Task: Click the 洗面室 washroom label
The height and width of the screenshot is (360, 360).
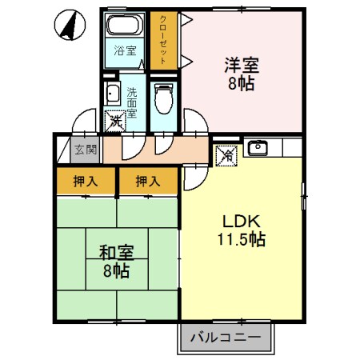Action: [x=131, y=102]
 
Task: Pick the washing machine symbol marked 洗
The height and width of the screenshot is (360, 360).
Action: [x=117, y=122]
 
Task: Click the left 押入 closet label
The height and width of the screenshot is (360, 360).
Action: [x=86, y=181]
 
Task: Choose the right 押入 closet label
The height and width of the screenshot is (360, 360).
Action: [x=147, y=181]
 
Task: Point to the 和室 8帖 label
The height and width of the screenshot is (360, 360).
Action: [x=116, y=261]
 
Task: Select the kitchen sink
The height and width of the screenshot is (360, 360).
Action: [x=258, y=147]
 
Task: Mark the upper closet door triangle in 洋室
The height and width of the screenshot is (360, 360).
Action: [x=186, y=22]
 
